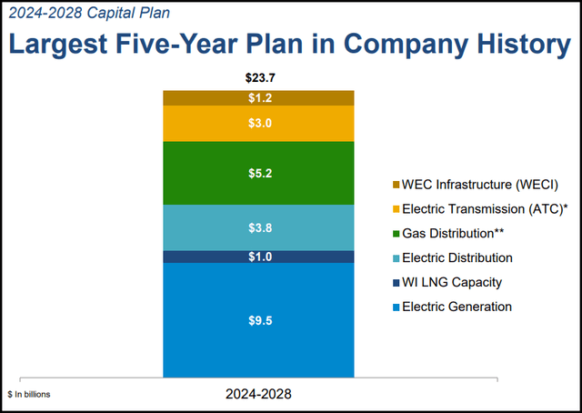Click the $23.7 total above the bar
pyautogui.click(x=258, y=77)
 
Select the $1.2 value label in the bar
pyautogui.click(x=258, y=98)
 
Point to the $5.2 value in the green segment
pyautogui.click(x=258, y=173)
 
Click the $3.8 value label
pyautogui.click(x=258, y=227)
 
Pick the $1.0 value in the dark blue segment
pyautogui.click(x=258, y=257)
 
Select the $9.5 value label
pyautogui.click(x=258, y=319)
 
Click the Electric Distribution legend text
pyautogui.click(x=457, y=258)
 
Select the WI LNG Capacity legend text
pyautogui.click(x=450, y=283)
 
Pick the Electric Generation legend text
pyautogui.click(x=457, y=307)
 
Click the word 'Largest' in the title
pyautogui.click(x=68, y=43)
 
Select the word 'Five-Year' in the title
pyautogui.click(x=197, y=43)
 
